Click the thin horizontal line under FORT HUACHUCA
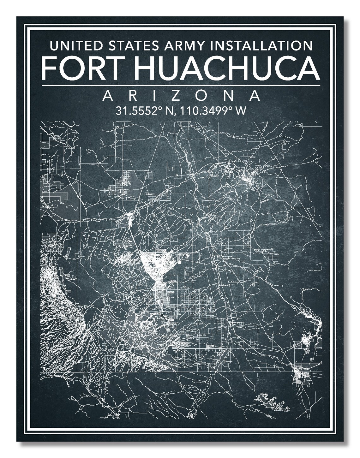coord(180,85)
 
